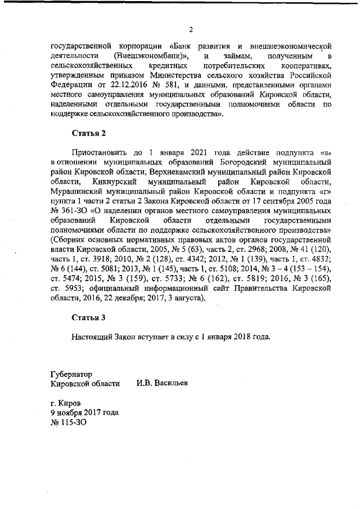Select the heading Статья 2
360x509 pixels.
pyautogui.click(x=89, y=133)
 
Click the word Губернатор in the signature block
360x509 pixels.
pyautogui.click(x=71, y=373)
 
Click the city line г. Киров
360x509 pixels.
pyautogui.click(x=65, y=403)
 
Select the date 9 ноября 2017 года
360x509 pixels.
pyautogui.click(x=84, y=412)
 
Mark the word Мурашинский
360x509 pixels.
pyautogui.click(x=76, y=191)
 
